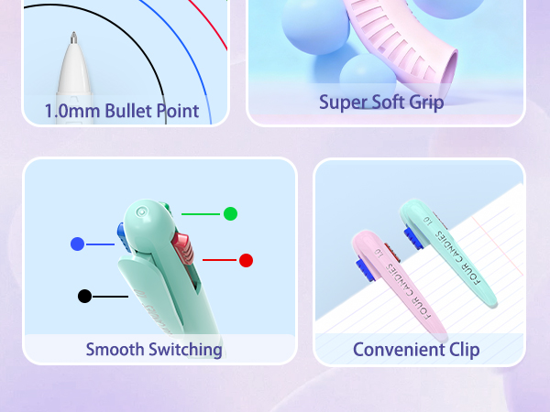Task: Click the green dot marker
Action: tap(230, 213)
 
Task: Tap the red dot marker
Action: tap(246, 260)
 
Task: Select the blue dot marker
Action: tap(78, 244)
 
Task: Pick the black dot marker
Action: tap(84, 297)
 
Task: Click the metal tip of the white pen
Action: tap(73, 38)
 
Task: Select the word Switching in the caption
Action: tap(185, 350)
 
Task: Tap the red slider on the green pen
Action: tap(182, 248)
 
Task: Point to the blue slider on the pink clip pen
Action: tap(365, 270)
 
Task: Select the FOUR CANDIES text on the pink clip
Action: tap(408, 291)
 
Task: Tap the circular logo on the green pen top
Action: tap(141, 212)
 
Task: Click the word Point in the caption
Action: tap(178, 111)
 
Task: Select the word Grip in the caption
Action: tap(426, 103)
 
